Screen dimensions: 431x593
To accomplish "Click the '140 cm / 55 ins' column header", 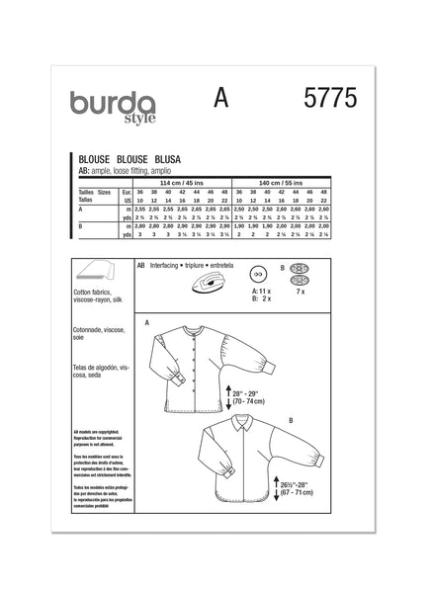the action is pyautogui.click(x=306, y=184).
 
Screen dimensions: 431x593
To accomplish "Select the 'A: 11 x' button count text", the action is pyautogui.click(x=263, y=294).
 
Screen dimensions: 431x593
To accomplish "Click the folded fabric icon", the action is pyautogui.click(x=94, y=278).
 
